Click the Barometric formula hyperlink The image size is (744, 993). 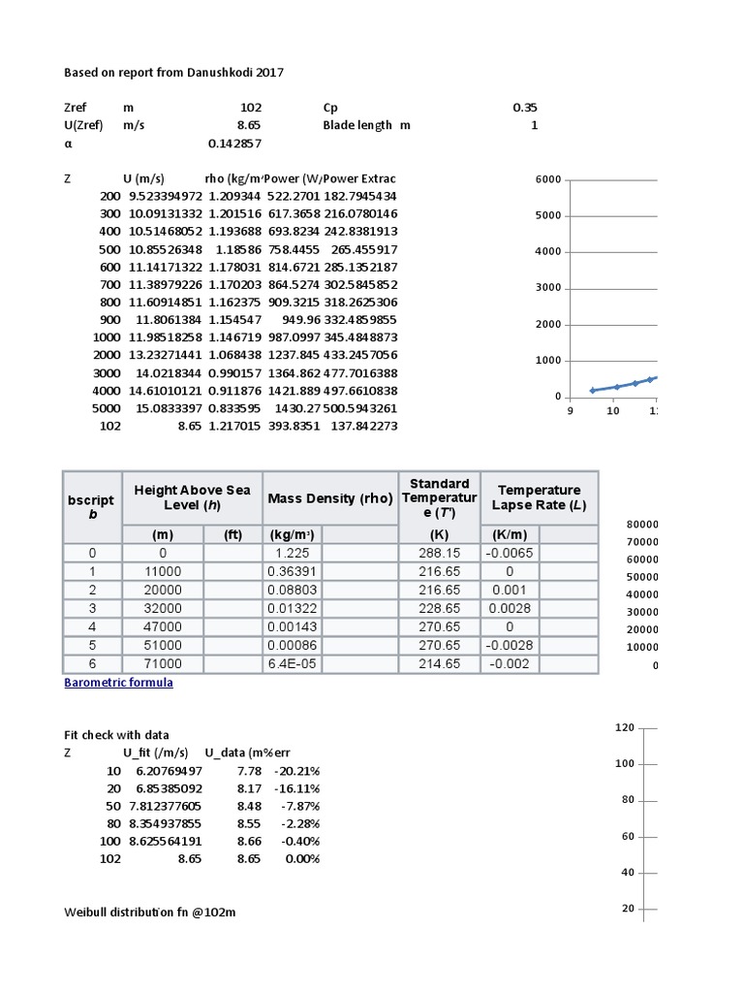[x=118, y=683]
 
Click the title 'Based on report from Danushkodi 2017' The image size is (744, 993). [x=174, y=73]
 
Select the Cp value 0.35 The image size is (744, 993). [x=525, y=108]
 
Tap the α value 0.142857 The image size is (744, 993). [x=235, y=144]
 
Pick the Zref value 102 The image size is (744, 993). [x=250, y=108]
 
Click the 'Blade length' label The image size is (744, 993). [x=357, y=125]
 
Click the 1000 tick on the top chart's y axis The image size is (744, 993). [x=548, y=361]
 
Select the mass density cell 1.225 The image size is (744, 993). [x=282, y=553]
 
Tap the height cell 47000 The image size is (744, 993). [x=162, y=627]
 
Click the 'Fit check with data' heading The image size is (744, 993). [x=116, y=735]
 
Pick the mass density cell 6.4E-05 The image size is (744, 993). [x=288, y=664]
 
